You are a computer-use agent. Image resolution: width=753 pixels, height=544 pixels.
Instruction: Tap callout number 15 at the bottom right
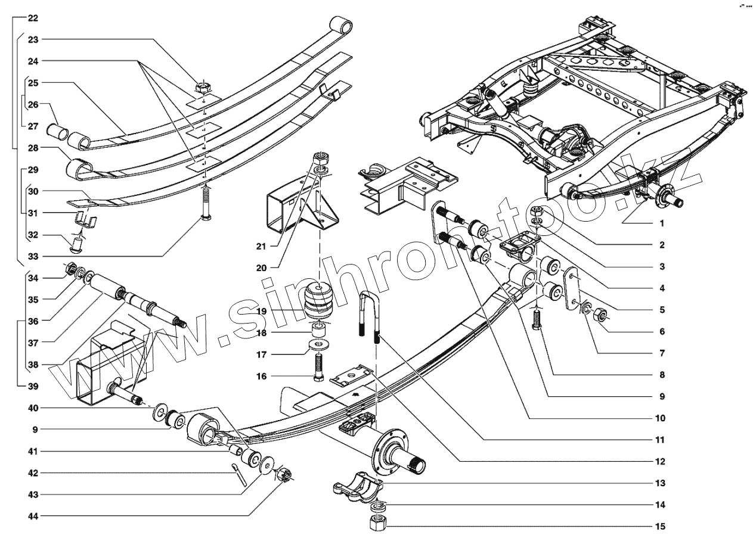click(659, 526)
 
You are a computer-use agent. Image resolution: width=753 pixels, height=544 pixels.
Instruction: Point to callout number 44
click(33, 516)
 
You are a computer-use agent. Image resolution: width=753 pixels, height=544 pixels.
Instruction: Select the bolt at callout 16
click(317, 366)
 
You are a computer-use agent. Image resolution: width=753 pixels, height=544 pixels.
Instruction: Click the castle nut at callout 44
click(284, 475)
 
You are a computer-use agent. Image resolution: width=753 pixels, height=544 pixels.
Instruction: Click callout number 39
click(33, 386)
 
